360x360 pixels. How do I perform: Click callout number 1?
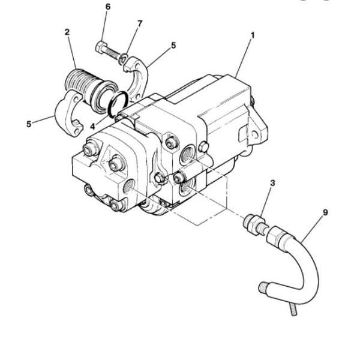click(253, 35)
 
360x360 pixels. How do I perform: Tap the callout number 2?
click(67, 32)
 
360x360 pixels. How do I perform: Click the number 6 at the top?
click(107, 7)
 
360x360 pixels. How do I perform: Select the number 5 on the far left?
click(29, 124)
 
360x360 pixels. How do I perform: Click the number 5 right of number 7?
click(173, 45)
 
